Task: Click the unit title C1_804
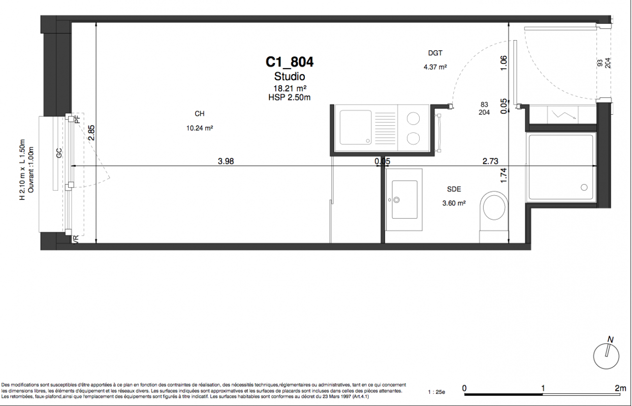[x=290, y=62]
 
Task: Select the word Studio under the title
[x=290, y=76]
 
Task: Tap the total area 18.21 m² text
[x=290, y=88]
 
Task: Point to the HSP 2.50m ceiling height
[x=290, y=97]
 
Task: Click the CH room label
[x=200, y=114]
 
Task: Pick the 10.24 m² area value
[x=200, y=128]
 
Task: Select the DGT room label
[x=435, y=53]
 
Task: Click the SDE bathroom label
[x=454, y=189]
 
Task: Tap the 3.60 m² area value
[x=454, y=203]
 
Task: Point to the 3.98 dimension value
[x=226, y=161]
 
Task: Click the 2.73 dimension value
[x=490, y=161]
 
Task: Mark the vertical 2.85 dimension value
[x=91, y=132]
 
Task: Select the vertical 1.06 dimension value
[x=503, y=63]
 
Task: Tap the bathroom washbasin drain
[x=397, y=200]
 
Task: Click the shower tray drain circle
[x=584, y=187]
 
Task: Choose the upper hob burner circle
[x=413, y=118]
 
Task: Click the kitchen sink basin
[x=356, y=127]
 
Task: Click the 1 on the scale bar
[x=543, y=388]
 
